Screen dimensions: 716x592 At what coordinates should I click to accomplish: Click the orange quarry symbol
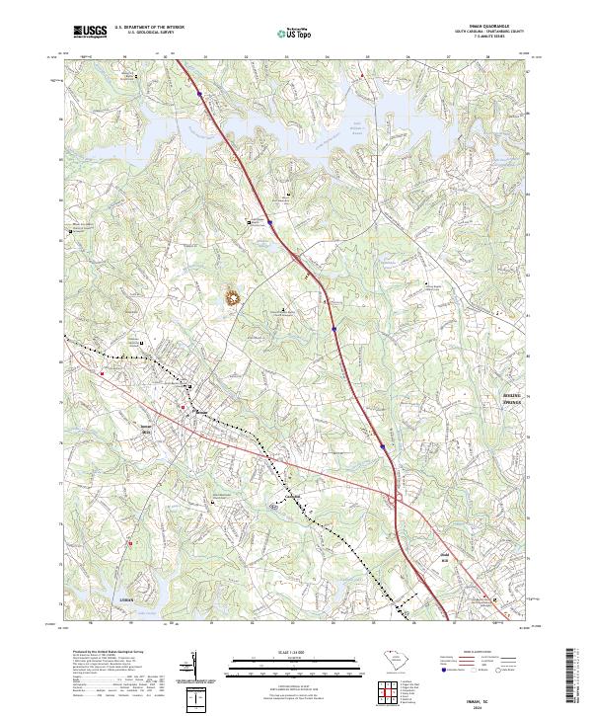pyautogui.click(x=234, y=295)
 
